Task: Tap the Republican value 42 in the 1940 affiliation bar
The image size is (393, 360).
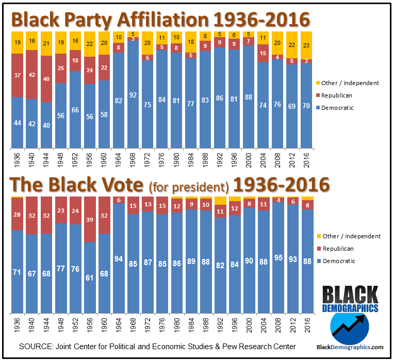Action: (x=32, y=74)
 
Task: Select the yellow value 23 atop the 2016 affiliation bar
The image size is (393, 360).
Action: (x=307, y=45)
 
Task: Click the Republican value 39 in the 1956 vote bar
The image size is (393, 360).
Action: (x=90, y=220)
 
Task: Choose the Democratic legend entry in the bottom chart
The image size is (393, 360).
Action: (x=339, y=261)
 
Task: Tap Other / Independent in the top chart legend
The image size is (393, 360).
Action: (x=350, y=83)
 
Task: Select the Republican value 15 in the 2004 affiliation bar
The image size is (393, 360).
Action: (x=264, y=53)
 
